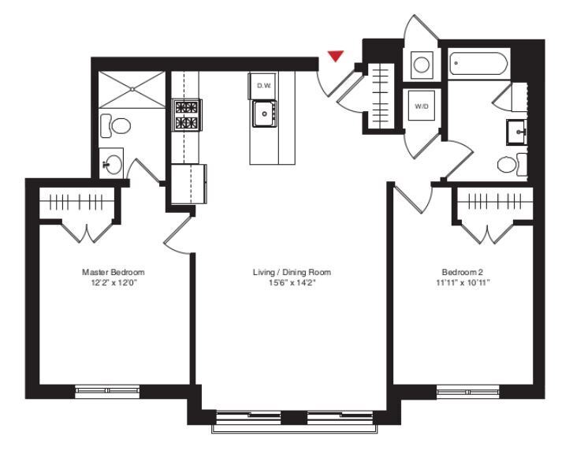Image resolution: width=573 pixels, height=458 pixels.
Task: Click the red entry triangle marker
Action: pos(336,56)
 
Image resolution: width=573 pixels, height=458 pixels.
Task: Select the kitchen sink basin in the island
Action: pos(263,114)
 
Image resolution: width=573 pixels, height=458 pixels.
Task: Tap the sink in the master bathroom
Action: pos(113,164)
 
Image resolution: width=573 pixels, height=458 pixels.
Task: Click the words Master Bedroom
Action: pos(113,272)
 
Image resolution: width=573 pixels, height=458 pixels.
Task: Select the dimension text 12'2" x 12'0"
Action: pos(113,281)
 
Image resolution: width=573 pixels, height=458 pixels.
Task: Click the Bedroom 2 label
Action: pos(462,272)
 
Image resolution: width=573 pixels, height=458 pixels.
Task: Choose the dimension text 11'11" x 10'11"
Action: pos(462,281)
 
